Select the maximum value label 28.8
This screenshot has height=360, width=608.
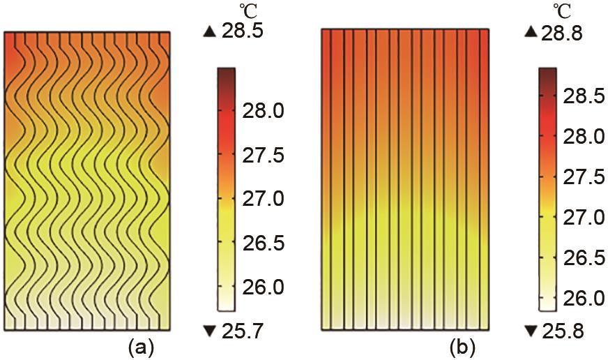click(x=565, y=33)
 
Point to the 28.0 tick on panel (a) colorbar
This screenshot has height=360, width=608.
click(x=261, y=112)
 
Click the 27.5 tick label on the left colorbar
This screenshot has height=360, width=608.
click(x=261, y=156)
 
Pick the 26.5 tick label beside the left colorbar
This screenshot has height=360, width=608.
click(x=261, y=243)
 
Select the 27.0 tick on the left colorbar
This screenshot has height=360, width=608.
click(x=261, y=200)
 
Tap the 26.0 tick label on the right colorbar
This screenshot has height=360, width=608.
click(x=584, y=299)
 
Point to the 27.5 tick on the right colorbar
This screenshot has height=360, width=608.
click(x=584, y=177)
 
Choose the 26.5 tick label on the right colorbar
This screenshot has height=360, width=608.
click(x=584, y=258)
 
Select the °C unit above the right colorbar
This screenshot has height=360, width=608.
click(x=565, y=9)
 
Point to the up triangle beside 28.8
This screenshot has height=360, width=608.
click(x=531, y=32)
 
